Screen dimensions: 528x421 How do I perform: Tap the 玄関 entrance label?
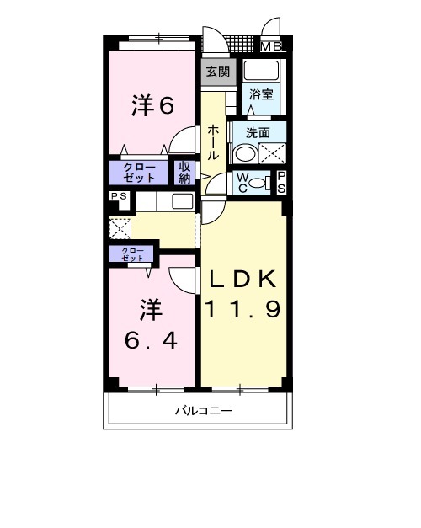(217, 72)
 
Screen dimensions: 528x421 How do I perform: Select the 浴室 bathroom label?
(262, 95)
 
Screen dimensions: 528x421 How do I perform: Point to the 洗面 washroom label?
(258, 133)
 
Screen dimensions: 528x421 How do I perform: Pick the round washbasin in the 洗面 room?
(244, 154)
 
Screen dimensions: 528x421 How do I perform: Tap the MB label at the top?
(271, 48)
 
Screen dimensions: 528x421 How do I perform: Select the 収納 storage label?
(185, 173)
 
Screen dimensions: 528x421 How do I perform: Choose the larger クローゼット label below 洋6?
(140, 173)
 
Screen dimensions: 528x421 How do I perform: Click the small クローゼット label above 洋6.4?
(131, 254)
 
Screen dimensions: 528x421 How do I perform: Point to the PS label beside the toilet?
(281, 182)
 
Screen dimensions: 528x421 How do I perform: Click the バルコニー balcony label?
(203, 412)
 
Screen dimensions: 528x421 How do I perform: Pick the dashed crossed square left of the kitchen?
(120, 228)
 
